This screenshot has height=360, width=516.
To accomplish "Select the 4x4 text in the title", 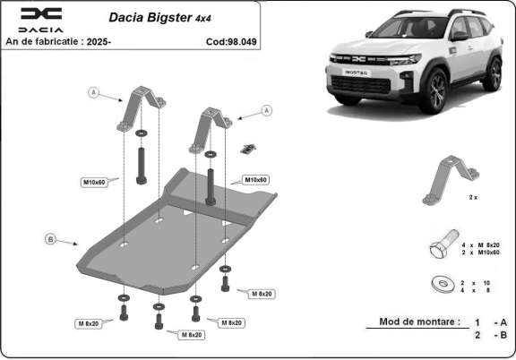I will click(207, 18).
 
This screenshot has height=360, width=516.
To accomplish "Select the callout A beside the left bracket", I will click(93, 91).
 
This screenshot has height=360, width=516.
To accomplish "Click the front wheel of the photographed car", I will click(437, 93).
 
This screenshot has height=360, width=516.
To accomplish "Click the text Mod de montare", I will click(419, 321).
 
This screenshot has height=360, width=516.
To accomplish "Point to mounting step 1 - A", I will click(491, 321).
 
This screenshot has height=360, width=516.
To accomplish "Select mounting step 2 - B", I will click(491, 336).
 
